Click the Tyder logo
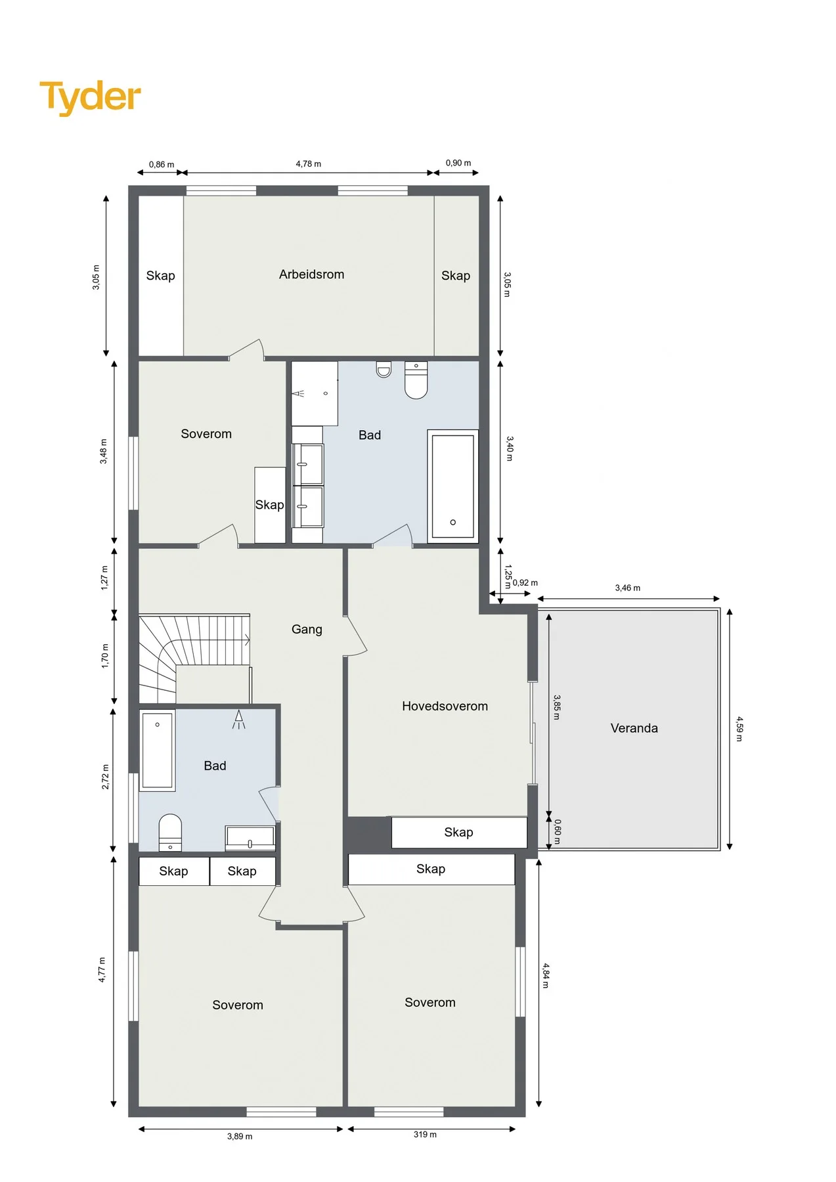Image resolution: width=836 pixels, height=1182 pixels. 90,97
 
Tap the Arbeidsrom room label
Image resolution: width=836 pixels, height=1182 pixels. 311,274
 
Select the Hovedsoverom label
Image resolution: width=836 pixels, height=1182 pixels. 445,706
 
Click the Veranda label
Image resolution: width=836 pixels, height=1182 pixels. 634,728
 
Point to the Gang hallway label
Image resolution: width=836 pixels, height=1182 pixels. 307,629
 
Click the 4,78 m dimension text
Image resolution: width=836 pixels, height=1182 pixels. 308,164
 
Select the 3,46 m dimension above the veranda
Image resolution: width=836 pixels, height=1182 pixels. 627,588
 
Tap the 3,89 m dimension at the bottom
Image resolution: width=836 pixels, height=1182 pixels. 240,1136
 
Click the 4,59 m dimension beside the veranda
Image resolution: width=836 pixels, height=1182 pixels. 739,728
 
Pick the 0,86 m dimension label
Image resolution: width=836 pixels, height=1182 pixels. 162,164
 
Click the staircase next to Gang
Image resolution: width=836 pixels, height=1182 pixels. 194,659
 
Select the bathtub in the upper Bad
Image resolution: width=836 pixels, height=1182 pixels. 452,486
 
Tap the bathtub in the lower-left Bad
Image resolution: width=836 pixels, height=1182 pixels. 158,751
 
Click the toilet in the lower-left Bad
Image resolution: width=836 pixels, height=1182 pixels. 170,833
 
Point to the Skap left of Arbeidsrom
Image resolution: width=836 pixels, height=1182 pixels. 160,276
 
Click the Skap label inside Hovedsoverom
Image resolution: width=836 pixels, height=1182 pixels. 458,832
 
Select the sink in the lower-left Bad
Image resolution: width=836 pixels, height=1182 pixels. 250,838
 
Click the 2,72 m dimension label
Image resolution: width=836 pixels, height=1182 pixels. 105,777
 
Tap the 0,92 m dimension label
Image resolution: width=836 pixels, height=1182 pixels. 525,582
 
